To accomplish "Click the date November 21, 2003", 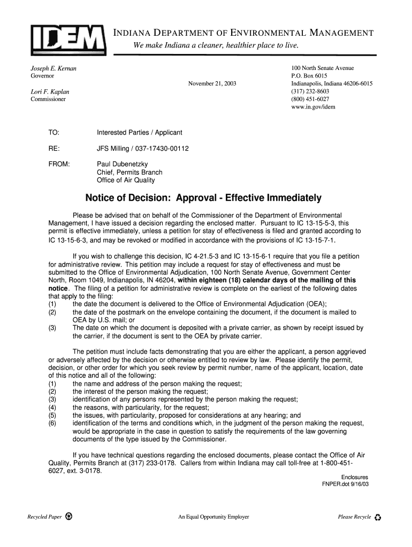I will [212, 84].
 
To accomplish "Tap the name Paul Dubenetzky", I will [123, 165].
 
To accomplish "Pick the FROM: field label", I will [59, 165].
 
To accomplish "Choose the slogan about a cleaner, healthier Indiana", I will [216, 46].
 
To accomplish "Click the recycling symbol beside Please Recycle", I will [378, 517].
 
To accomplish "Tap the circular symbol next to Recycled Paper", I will [70, 517].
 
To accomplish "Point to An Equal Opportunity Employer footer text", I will [213, 517].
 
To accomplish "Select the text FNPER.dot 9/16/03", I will [345, 485].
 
